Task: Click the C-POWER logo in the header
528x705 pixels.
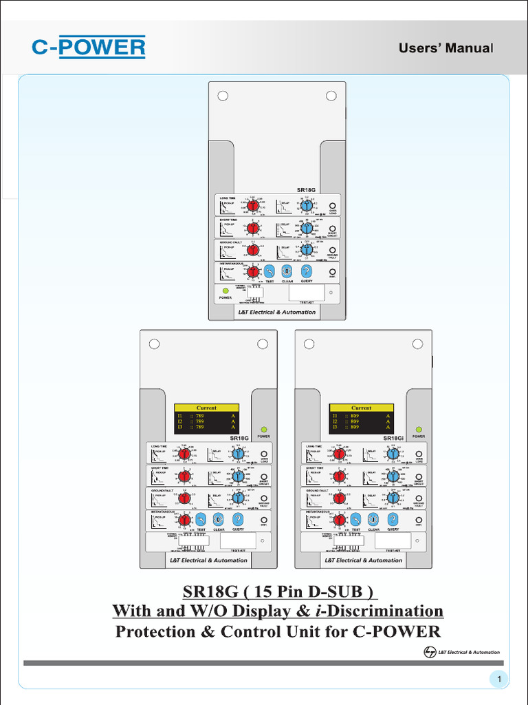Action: pyautogui.click(x=89, y=47)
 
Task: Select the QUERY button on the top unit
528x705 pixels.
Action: pyautogui.click(x=307, y=271)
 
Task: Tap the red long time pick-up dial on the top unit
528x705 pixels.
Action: pyautogui.click(x=253, y=206)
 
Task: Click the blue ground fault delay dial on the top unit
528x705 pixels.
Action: pyautogui.click(x=307, y=250)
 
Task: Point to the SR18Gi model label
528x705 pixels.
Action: pyautogui.click(x=393, y=438)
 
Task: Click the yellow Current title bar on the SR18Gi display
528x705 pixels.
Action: pyautogui.click(x=361, y=408)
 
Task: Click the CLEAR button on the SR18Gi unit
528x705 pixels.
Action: pyautogui.click(x=373, y=519)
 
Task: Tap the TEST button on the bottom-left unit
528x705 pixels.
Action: pyautogui.click(x=201, y=519)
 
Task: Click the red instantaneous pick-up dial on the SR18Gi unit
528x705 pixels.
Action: pyautogui.click(x=339, y=519)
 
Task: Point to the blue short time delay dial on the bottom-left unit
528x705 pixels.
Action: pyautogui.click(x=238, y=476)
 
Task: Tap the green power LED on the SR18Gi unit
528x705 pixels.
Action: pyautogui.click(x=418, y=428)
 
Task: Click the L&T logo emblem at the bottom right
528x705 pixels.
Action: pyautogui.click(x=430, y=652)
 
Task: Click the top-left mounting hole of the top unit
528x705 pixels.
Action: pyautogui.click(x=223, y=95)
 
